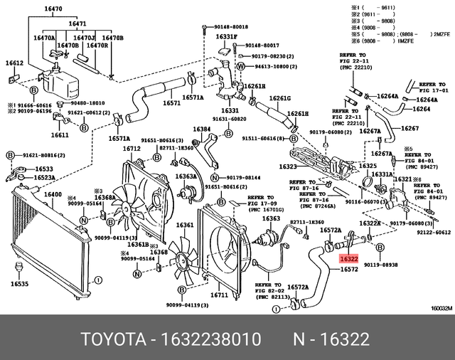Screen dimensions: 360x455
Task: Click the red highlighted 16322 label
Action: coord(348,260)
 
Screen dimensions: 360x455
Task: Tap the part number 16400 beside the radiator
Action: coord(54,195)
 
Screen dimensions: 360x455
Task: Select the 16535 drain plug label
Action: coord(20,284)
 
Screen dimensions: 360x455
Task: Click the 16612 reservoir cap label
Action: coord(15,63)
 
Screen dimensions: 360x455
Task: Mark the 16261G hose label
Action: coord(282,98)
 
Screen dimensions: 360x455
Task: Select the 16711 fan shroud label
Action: coord(219,295)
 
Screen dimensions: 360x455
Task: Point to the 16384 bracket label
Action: coord(203,129)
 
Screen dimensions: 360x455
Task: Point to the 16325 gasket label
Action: coord(367,166)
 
